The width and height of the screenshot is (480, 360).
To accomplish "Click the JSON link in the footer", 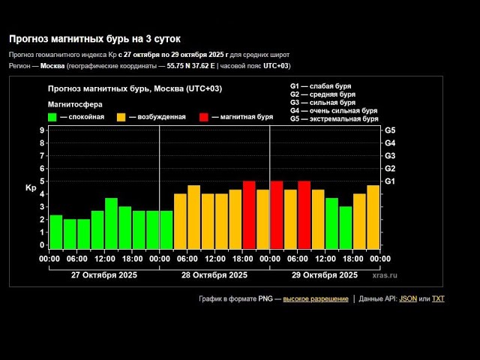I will pyautogui.click(x=408, y=298).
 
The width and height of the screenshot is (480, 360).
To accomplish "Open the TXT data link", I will pyautogui.click(x=438, y=298).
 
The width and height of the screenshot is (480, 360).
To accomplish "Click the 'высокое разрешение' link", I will pyautogui.click(x=316, y=298).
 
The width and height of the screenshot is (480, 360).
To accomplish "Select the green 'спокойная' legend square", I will pyautogui.click(x=52, y=117).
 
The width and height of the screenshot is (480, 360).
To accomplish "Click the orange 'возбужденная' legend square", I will pyautogui.click(x=121, y=117).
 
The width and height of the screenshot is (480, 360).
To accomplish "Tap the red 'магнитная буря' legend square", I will pyautogui.click(x=204, y=117).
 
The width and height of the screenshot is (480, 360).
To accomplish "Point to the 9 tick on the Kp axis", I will pyautogui.click(x=42, y=130).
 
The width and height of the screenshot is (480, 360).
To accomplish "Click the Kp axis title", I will pyautogui.click(x=31, y=187).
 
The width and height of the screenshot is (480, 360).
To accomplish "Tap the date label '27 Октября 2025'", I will pyautogui.click(x=103, y=275).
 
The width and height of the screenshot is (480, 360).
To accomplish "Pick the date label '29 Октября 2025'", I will pyautogui.click(x=325, y=275).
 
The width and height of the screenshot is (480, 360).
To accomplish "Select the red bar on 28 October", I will pyautogui.click(x=249, y=214).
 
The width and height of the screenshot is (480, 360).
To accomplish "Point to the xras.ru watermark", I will pyautogui.click(x=384, y=275).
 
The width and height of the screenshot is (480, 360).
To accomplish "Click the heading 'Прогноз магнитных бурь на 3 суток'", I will pyautogui.click(x=94, y=38).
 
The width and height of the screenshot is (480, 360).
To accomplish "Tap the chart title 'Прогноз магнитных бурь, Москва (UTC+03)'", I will pyautogui.click(x=135, y=89).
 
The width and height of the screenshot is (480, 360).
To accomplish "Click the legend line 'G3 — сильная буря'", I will pyautogui.click(x=322, y=103).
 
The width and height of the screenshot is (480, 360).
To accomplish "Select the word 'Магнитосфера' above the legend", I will pyautogui.click(x=75, y=104).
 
